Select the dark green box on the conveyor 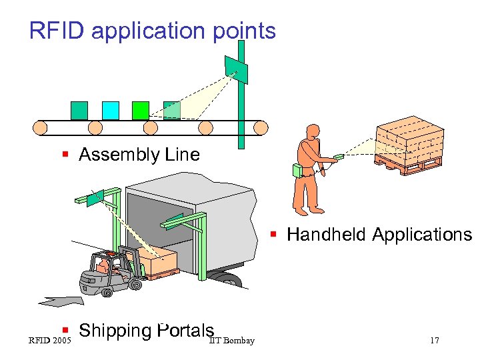(x=79, y=110)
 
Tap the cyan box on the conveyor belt (x=111, y=110)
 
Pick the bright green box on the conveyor (x=141, y=110)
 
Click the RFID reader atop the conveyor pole (x=236, y=69)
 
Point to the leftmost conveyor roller (x=42, y=127)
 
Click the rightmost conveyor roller (x=259, y=127)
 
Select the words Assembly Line (x=139, y=155)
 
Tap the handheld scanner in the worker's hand (x=339, y=157)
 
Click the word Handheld (x=327, y=235)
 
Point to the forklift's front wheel (x=135, y=285)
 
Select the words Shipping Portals (x=146, y=331)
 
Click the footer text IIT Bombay (x=231, y=341)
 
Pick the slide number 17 (x=434, y=341)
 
